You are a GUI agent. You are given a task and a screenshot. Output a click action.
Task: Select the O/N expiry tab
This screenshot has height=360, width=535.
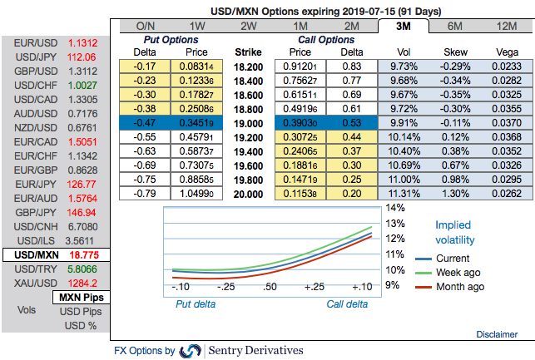(x=146, y=26)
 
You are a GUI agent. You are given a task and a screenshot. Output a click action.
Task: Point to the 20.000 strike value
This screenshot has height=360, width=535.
(x=250, y=193)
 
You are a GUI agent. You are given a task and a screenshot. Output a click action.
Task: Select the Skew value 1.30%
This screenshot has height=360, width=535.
(x=456, y=193)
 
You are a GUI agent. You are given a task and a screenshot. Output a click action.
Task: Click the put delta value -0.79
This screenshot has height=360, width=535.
(x=146, y=193)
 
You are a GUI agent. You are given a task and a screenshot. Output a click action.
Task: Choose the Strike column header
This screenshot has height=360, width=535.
(x=250, y=51)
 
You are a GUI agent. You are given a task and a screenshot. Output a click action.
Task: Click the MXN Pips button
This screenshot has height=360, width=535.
(x=80, y=297)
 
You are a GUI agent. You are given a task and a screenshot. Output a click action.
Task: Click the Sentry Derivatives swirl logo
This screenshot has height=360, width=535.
(x=191, y=351)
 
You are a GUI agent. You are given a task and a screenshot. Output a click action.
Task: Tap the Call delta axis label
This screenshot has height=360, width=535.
(x=346, y=304)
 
